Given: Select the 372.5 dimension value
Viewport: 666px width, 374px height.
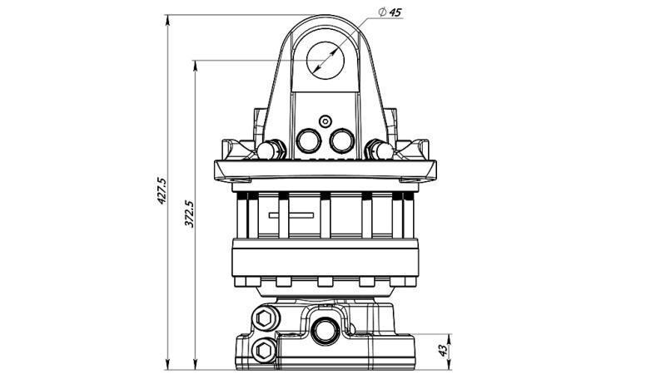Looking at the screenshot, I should tap(189, 213).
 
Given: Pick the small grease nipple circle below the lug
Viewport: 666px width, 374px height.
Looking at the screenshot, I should tap(325, 120).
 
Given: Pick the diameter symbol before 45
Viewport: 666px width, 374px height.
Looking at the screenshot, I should tap(380, 12).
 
